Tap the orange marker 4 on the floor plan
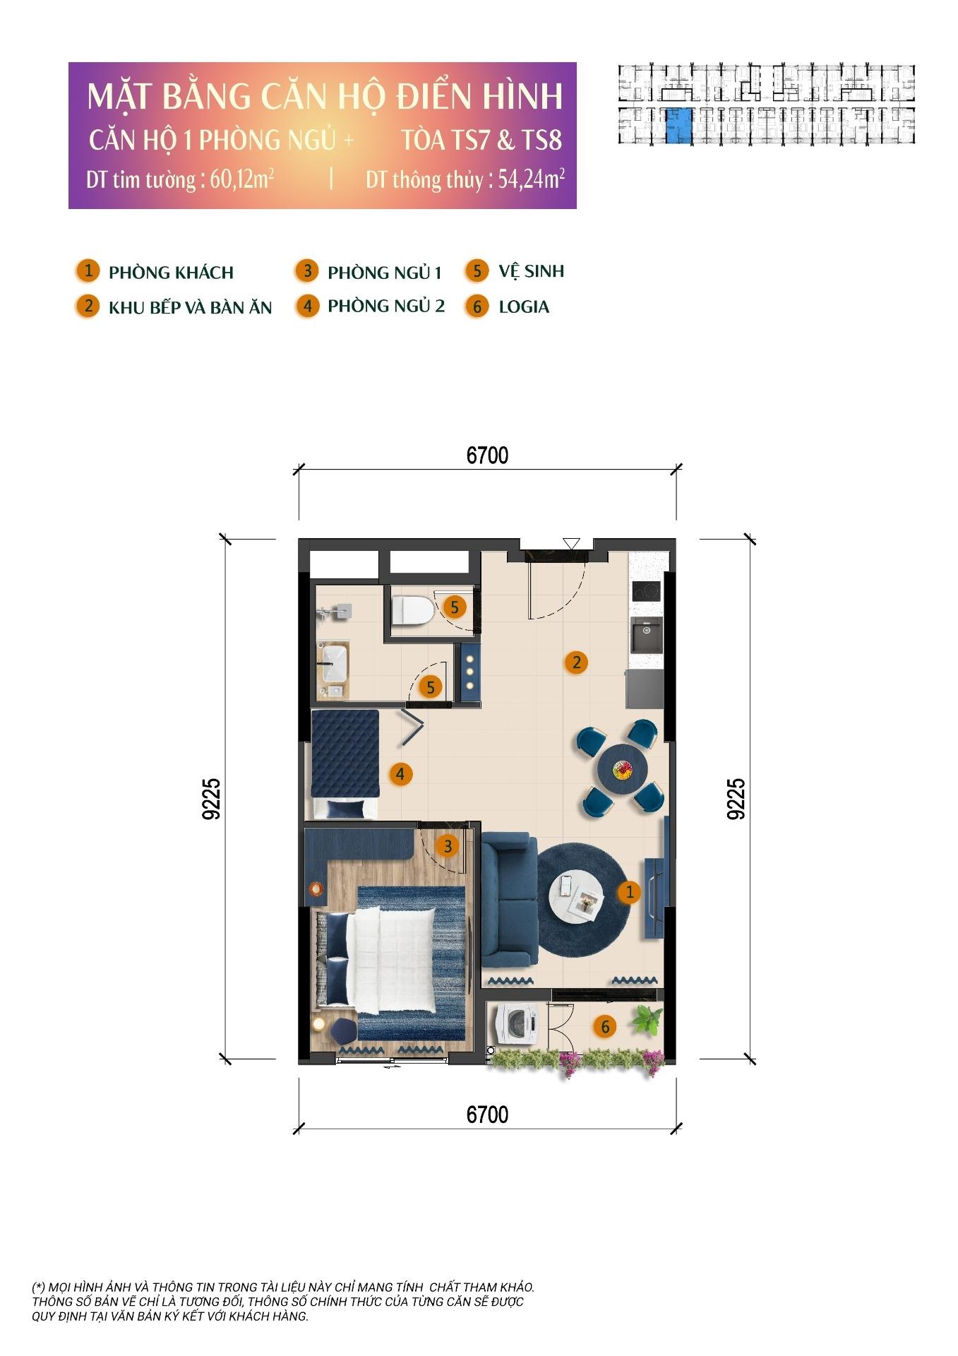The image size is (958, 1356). click(400, 774)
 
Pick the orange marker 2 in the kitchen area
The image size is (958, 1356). click(577, 662)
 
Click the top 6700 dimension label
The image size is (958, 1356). click(487, 456)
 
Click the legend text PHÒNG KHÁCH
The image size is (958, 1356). click(171, 273)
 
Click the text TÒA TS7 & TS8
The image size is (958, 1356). click(481, 141)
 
